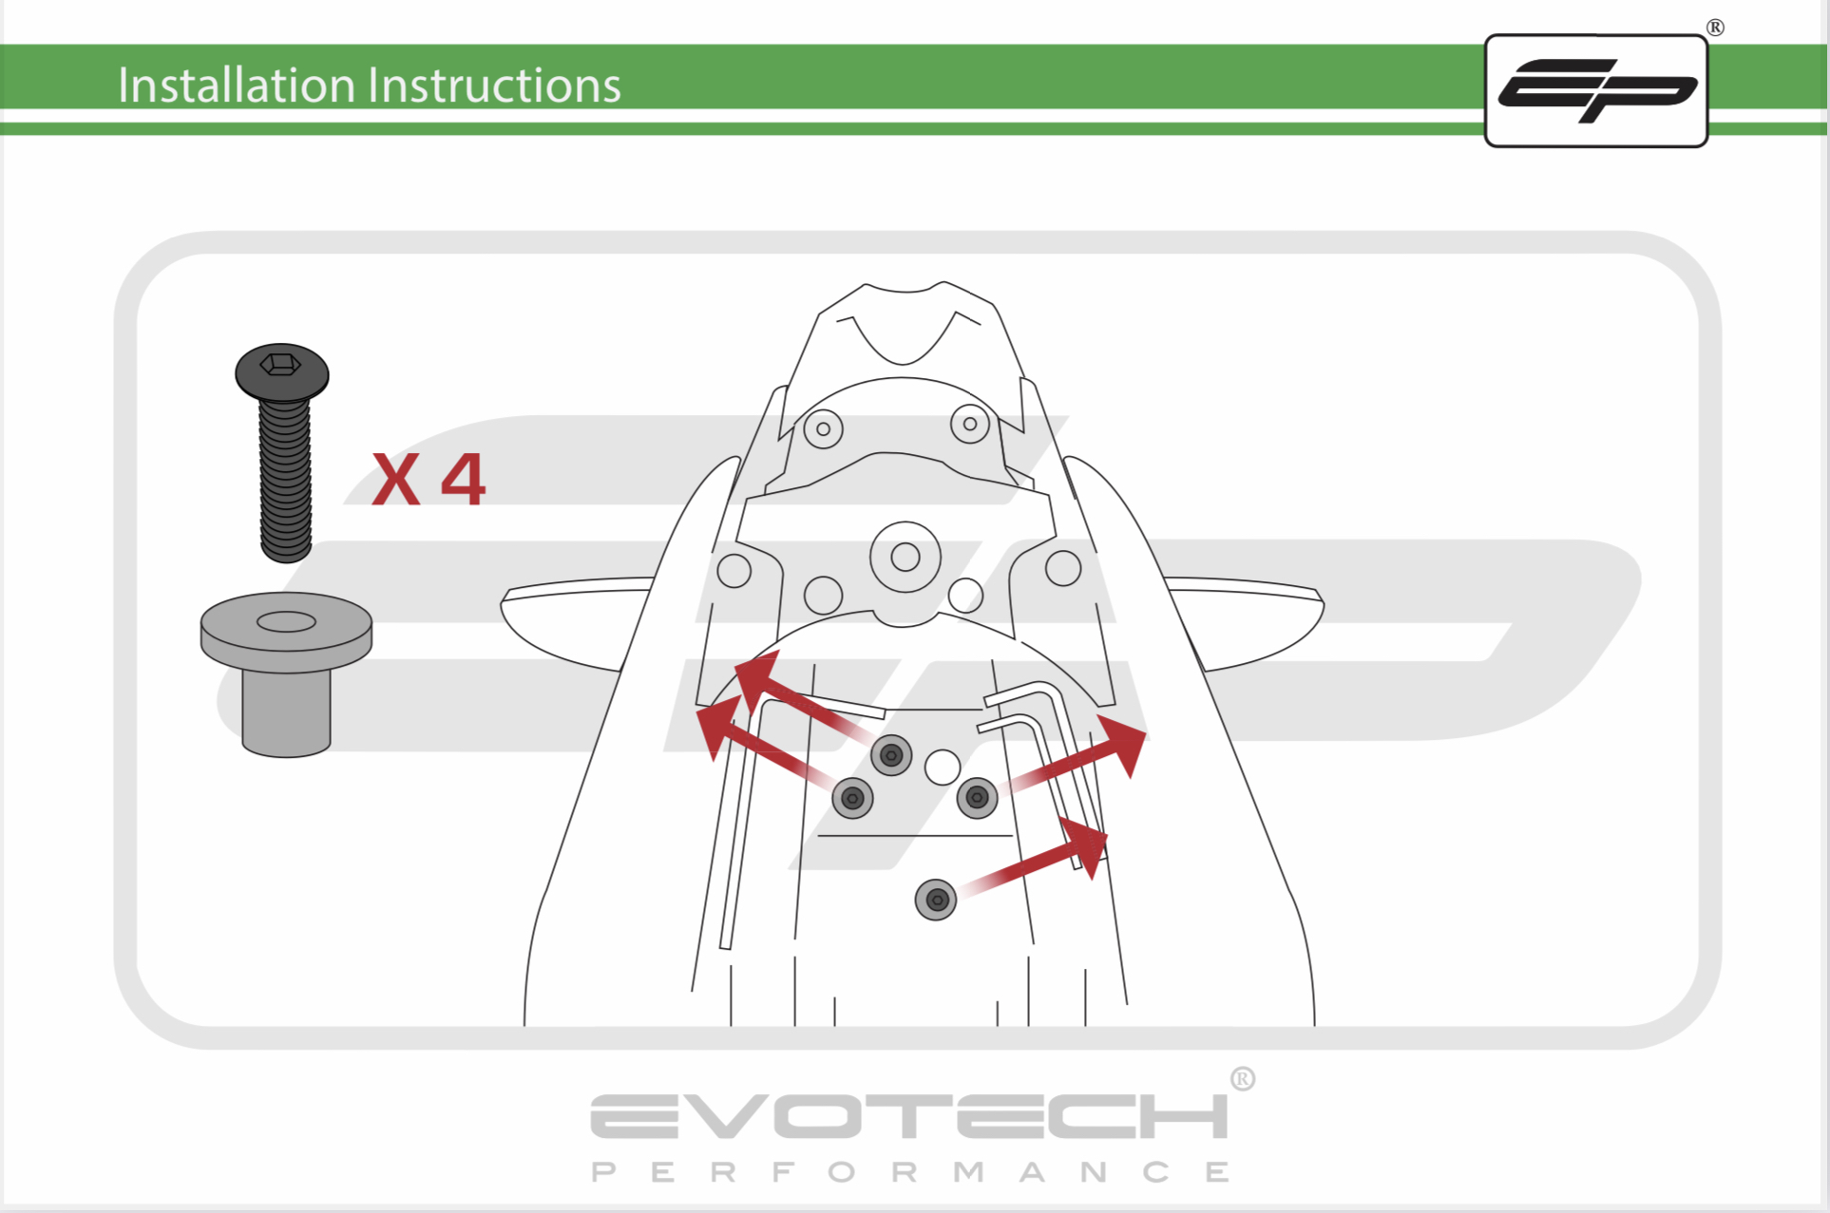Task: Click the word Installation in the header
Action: [x=237, y=85]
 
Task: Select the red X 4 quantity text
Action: [x=429, y=480]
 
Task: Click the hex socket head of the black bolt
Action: [x=282, y=371]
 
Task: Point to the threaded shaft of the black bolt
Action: [x=285, y=481]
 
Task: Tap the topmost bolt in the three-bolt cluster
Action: [x=891, y=755]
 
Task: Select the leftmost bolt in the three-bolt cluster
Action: [x=852, y=798]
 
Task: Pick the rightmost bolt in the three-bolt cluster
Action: [x=977, y=798]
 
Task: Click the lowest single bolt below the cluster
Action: [x=936, y=900]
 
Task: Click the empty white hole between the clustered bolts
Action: [x=943, y=767]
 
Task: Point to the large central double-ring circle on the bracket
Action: [x=905, y=557]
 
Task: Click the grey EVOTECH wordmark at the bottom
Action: [x=909, y=1116]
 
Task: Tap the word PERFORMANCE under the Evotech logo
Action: [x=910, y=1172]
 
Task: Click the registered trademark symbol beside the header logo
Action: [x=1715, y=28]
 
